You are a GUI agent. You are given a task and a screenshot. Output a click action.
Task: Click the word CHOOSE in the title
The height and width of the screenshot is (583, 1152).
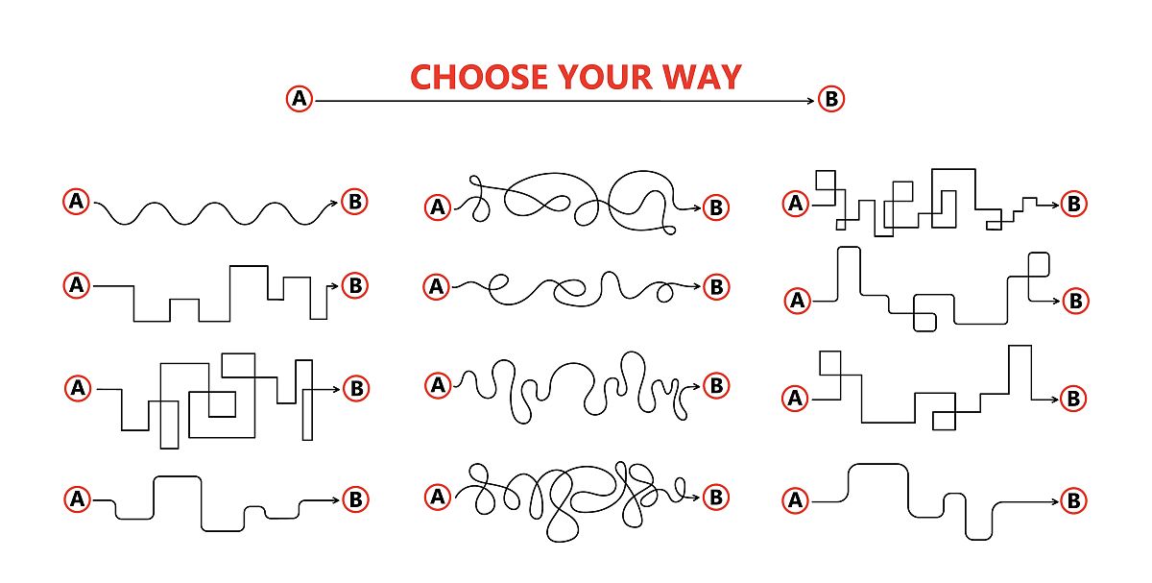(x=479, y=77)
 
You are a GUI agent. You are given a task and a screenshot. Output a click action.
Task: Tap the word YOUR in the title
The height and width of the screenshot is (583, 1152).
(x=605, y=77)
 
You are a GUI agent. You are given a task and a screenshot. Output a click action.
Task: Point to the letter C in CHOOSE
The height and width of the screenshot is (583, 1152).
(x=421, y=77)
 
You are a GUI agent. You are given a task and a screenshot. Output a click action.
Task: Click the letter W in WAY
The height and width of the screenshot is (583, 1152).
(x=679, y=77)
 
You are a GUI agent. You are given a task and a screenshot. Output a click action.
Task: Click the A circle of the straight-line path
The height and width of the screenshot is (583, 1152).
(x=300, y=98)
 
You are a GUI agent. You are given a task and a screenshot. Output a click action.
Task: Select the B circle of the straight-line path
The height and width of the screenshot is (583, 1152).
(x=831, y=99)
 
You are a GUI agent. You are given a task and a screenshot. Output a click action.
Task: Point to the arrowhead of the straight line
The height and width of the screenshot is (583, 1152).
(x=811, y=101)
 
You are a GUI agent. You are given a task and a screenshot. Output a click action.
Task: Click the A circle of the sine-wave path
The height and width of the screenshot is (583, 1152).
(x=76, y=201)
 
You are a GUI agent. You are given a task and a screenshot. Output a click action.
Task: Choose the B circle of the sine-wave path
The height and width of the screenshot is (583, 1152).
(x=355, y=201)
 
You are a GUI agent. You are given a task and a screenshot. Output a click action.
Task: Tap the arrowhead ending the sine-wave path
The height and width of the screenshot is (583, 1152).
(x=334, y=203)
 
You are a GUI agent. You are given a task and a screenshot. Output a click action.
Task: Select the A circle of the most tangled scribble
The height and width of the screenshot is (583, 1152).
(x=438, y=498)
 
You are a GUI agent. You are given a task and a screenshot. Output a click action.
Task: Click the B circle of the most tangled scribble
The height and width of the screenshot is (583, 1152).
(x=716, y=498)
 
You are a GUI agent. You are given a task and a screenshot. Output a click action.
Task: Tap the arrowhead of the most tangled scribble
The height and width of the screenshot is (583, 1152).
(x=696, y=498)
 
